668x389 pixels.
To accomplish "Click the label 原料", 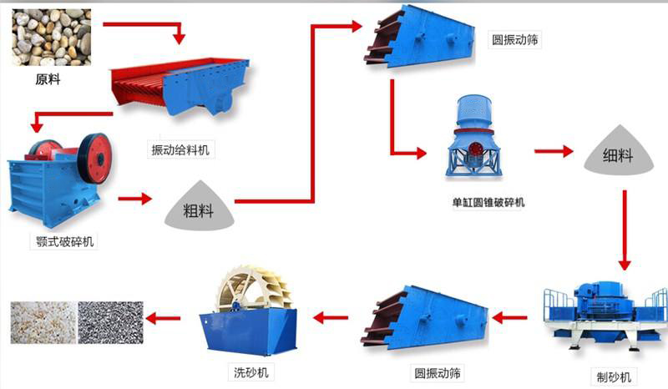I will (48, 81).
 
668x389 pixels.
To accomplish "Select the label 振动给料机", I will (181, 149).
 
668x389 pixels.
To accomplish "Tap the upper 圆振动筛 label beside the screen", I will (517, 38).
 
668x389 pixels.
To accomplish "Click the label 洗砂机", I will (250, 371).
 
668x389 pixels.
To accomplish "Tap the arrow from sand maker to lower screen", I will (509, 316).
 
